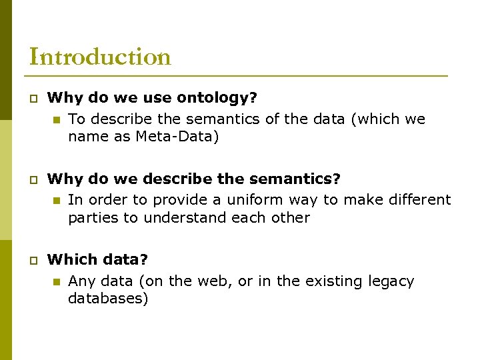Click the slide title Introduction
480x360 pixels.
[x=100, y=57]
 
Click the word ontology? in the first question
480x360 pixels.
[x=217, y=98]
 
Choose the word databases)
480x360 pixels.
[x=108, y=298]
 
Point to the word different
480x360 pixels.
[x=417, y=199]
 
